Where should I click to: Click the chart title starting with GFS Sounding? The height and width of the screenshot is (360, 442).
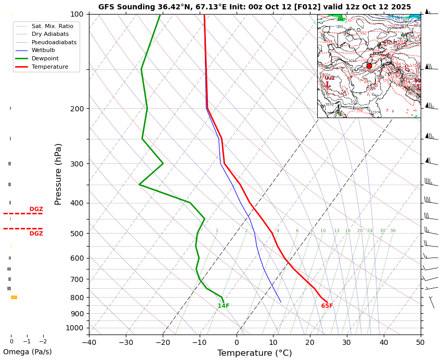pos(254,7)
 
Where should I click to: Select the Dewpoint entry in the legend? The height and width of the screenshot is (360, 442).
pos(45,59)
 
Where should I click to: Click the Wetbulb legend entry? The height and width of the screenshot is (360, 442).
pos(44,50)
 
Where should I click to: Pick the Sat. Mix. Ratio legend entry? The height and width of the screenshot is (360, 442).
pos(52,26)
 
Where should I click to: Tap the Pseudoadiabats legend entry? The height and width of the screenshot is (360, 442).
pos(54,42)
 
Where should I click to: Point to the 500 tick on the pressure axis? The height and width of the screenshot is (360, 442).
pos(77,234)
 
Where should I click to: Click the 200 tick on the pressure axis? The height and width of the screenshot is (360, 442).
pos(77,109)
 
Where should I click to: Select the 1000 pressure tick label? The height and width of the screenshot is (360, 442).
pos(75,328)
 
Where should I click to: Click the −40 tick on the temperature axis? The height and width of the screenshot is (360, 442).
pos(89,342)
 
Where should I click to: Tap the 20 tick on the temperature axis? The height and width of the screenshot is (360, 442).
pos(310,342)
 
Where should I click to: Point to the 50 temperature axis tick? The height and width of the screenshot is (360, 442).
pos(420,342)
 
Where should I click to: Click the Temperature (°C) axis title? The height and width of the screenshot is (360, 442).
pos(255,353)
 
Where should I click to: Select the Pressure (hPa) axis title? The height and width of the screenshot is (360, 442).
pos(58,174)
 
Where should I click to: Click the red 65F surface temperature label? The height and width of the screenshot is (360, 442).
pos(327,306)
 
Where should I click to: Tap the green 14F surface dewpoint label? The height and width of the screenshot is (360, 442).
pos(224,306)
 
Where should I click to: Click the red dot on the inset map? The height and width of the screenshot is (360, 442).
pos(369,66)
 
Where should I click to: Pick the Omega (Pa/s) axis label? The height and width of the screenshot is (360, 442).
pos(28,352)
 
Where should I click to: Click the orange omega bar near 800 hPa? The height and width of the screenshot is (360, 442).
pos(14,298)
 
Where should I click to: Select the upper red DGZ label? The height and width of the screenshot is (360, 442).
pos(36,209)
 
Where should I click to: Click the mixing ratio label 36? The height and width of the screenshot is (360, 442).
pos(393,231)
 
